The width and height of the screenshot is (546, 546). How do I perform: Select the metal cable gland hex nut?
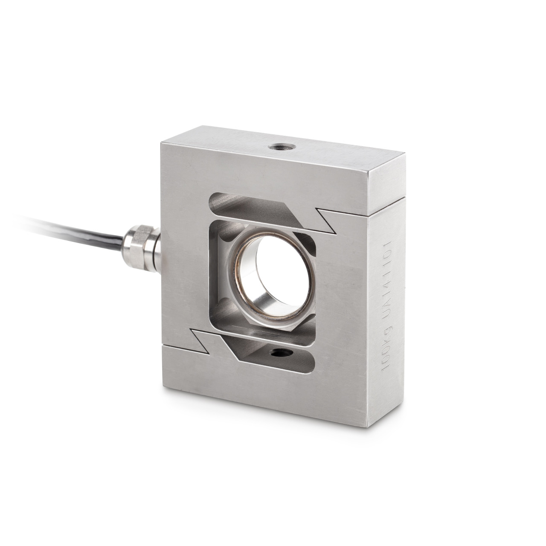click(135, 242)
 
